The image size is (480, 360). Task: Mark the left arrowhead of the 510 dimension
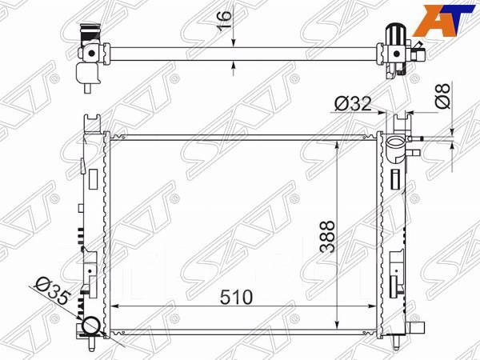coord(113,306)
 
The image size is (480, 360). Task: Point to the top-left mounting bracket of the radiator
coord(94,123)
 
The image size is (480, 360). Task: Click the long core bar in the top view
coord(240,55)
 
